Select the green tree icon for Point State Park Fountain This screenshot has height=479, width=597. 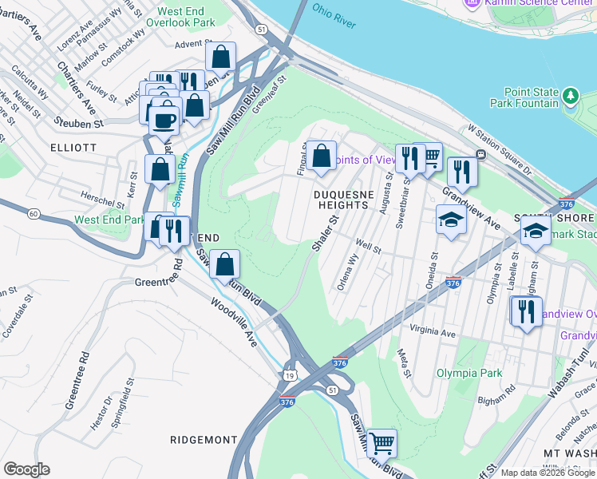[570, 97]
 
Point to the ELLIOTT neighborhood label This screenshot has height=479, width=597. [73, 148]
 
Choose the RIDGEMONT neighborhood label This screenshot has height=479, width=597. [204, 440]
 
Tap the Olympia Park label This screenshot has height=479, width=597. [469, 373]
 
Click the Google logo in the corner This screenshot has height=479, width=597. [26, 469]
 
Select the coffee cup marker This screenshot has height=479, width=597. [164, 122]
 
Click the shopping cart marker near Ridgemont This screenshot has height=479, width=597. [382, 441]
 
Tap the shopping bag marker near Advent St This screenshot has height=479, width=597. [220, 57]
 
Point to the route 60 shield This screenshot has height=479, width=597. [33, 214]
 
